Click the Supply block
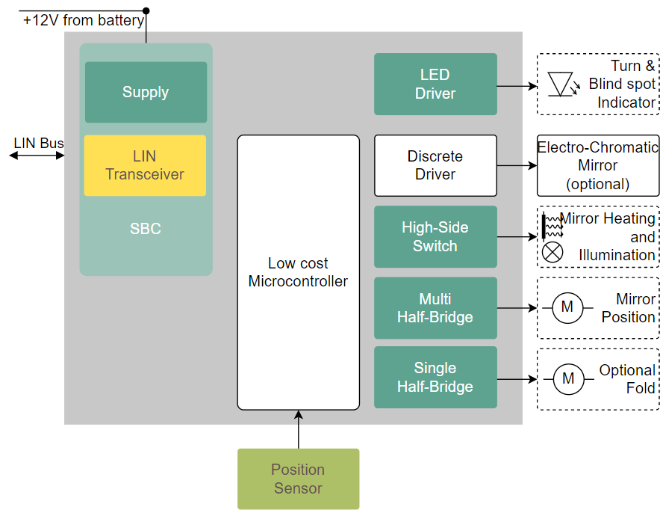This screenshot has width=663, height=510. (146, 92)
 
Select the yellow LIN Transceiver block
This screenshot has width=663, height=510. (145, 165)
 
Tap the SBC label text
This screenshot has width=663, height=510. (146, 229)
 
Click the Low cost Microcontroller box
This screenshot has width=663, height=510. (298, 272)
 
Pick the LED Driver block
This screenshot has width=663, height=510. (435, 84)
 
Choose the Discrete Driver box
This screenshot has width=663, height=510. (435, 165)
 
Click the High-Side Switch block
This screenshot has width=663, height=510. (435, 236)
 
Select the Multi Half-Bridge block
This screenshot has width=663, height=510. (435, 308)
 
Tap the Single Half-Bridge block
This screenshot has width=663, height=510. (435, 377)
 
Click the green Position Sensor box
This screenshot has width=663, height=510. (298, 479)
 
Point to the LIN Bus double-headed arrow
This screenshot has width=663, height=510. (37, 156)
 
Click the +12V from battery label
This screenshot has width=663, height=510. (83, 21)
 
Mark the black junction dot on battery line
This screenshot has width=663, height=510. (146, 10)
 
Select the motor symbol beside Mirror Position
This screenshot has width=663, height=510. (567, 307)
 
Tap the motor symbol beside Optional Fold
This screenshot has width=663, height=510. (568, 379)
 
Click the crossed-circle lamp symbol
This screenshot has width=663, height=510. (552, 253)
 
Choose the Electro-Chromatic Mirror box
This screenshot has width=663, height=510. (598, 165)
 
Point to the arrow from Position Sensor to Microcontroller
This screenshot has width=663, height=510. (298, 429)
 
